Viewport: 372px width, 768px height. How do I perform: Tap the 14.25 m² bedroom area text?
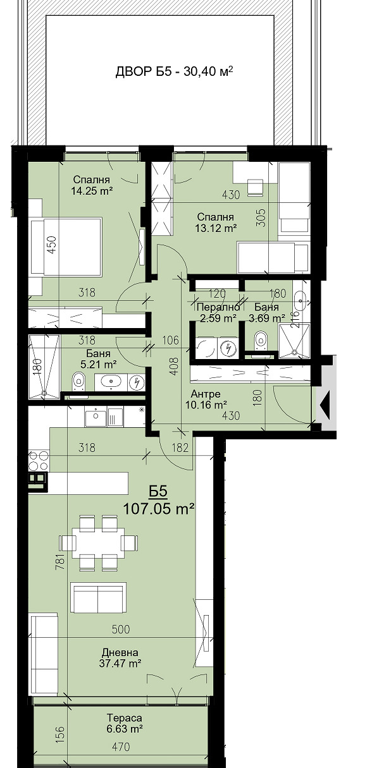tap(92, 190)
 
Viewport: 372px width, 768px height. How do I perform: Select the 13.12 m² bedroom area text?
tap(216, 228)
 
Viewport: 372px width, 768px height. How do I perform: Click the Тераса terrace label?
tap(124, 718)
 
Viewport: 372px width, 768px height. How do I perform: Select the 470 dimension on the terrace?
tap(121, 747)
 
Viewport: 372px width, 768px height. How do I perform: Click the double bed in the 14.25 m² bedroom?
tap(66, 247)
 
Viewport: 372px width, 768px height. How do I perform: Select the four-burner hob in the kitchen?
tap(38, 460)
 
